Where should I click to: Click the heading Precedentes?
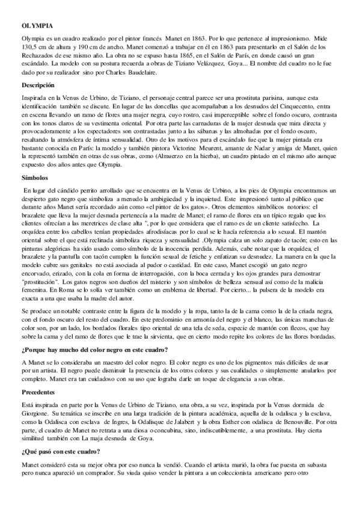pos(38,391)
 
